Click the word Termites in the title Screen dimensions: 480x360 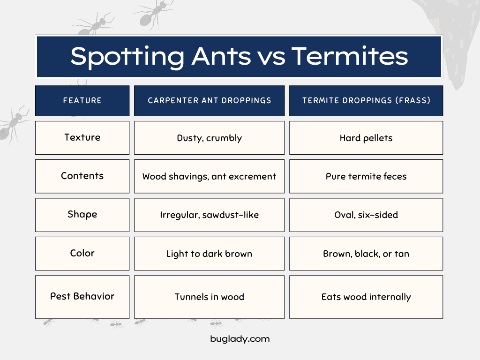[350, 56]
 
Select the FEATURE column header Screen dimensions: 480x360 [82, 101]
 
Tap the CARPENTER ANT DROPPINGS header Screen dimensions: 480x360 [210, 101]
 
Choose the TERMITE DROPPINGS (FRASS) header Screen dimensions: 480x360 [366, 101]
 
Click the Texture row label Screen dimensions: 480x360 [82, 138]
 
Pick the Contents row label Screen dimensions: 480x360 [82, 176]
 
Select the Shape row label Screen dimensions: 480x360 [82, 215]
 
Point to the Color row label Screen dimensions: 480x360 [82, 254]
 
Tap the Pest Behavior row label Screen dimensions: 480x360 [82, 297]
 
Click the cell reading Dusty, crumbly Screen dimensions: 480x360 [210, 138]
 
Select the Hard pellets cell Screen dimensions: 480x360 [366, 138]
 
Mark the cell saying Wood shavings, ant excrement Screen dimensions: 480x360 [210, 176]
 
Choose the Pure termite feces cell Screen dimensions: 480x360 [366, 176]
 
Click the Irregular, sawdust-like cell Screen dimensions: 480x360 [210, 215]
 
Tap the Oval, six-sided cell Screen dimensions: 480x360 [366, 215]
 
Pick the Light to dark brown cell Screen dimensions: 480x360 [210, 254]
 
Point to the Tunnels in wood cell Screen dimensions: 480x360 [210, 297]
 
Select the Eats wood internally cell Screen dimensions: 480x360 [366, 297]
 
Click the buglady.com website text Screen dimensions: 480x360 [240, 339]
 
